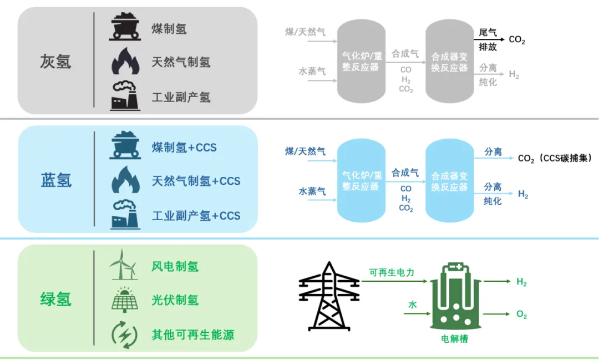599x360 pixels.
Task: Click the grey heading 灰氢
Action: tap(55, 61)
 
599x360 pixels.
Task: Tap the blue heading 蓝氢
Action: tap(56, 181)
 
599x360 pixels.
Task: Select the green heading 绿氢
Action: tap(55, 300)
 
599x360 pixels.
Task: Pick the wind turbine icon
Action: tap(124, 265)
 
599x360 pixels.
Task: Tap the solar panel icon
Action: tap(124, 300)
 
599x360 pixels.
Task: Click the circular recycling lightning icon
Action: tap(124, 334)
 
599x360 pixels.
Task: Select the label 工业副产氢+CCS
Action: tap(196, 216)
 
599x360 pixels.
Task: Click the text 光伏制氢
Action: tap(175, 300)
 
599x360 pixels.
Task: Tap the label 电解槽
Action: tap(454, 338)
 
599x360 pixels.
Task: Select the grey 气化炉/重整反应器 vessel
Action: tap(361, 60)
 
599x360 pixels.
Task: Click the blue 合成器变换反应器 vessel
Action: tap(449, 181)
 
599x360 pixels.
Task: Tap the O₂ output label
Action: tap(522, 315)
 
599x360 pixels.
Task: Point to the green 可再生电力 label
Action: tap(392, 272)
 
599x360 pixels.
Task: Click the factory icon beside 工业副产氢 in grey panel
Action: tap(124, 96)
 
